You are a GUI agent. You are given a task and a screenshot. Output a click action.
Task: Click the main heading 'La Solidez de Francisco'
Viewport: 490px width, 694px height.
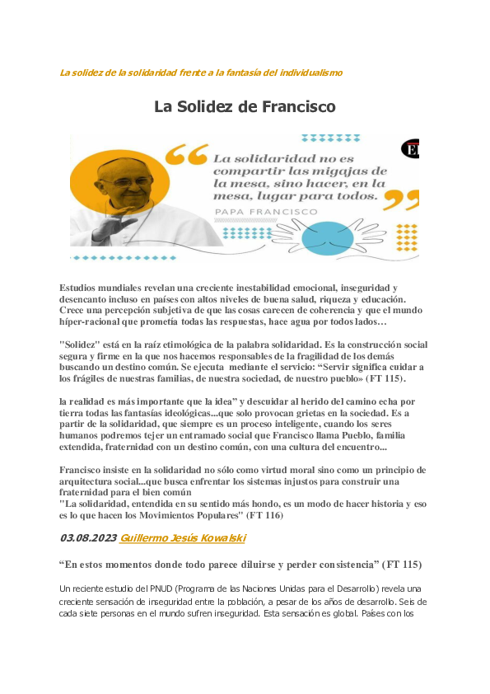(245, 107)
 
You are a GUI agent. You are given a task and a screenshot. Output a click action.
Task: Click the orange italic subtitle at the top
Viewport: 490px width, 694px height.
(201, 73)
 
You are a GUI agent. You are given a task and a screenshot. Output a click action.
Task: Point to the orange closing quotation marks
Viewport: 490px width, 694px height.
(402, 199)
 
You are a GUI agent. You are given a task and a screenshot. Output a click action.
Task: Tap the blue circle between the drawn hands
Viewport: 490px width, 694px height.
(328, 237)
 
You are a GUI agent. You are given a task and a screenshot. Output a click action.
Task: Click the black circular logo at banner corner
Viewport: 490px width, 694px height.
(411, 149)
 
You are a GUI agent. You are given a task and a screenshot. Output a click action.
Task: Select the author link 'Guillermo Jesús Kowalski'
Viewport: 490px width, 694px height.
(182, 538)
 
